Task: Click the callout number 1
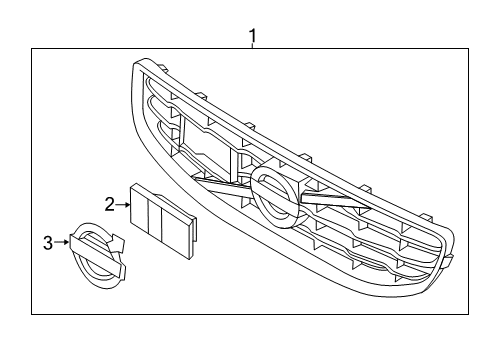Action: click(x=253, y=37)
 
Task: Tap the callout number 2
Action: click(x=109, y=204)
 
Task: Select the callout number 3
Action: click(x=47, y=241)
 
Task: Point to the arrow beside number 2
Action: click(x=123, y=204)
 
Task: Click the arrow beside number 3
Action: click(x=61, y=241)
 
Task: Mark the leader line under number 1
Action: click(x=253, y=49)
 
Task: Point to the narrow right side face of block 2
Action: click(x=190, y=230)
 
